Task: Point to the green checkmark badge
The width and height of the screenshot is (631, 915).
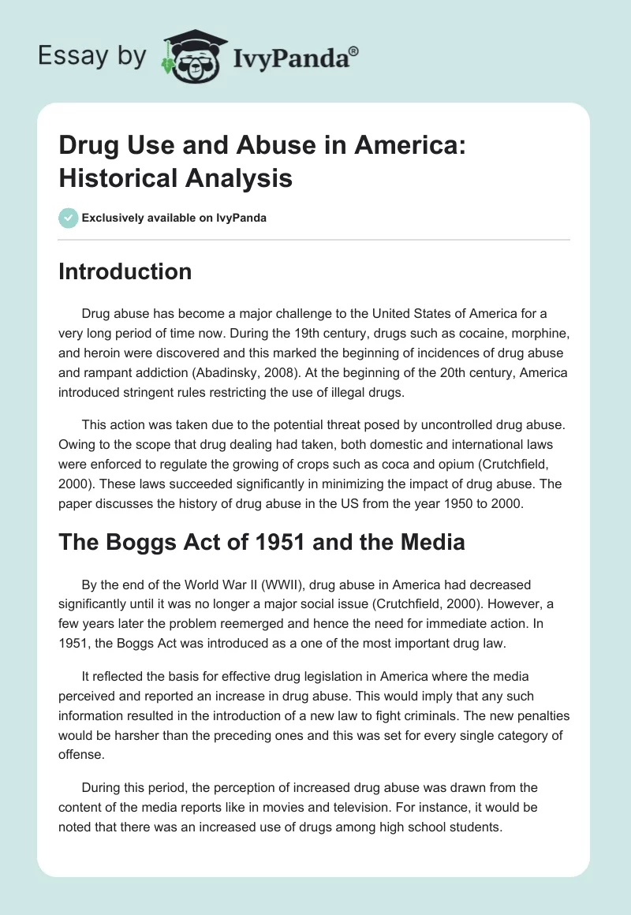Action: (x=68, y=218)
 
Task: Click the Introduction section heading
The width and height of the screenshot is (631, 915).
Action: (x=125, y=271)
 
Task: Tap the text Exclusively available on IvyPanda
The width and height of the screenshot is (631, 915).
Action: (x=174, y=218)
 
